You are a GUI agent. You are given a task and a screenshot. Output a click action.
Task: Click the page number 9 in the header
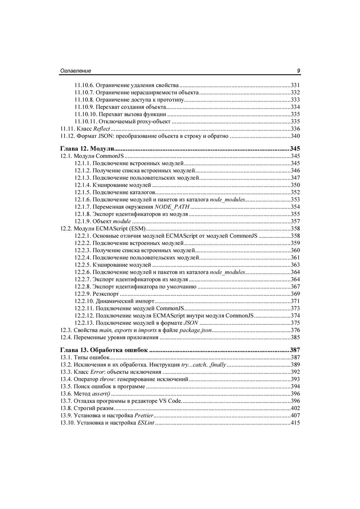point(298,71)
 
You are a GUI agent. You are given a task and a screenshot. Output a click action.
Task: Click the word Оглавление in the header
point(75,71)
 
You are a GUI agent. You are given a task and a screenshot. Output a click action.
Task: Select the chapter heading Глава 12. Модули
point(87,149)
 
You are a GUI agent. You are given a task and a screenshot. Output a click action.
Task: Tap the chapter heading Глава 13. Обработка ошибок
point(104,350)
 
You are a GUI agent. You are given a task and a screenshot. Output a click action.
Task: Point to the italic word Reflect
point(102,129)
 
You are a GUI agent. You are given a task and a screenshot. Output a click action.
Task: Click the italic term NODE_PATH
point(172,207)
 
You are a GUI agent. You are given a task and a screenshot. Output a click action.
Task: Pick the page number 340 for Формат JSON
point(295,136)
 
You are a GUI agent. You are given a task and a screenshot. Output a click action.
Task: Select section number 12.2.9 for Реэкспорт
point(83,294)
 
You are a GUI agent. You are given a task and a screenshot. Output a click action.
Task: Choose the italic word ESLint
point(146,423)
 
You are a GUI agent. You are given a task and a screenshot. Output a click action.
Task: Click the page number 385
point(295,337)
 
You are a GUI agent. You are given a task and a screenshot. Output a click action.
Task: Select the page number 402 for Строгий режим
point(295,408)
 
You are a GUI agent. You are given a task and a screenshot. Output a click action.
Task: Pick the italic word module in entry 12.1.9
point(122,221)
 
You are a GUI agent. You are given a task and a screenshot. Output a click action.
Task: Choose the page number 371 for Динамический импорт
point(295,301)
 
